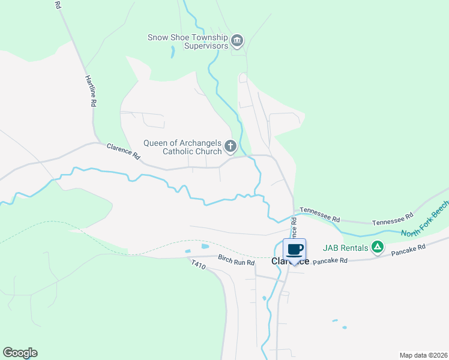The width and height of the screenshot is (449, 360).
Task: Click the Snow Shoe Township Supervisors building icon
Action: (x=237, y=41)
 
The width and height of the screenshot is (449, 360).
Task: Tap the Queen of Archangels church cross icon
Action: (x=230, y=146)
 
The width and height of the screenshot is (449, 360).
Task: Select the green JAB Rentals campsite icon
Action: (x=377, y=246)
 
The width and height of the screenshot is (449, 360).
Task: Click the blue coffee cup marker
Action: (x=294, y=250)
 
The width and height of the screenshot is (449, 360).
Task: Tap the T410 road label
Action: (x=199, y=265)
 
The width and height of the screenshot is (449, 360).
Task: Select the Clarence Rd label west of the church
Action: (x=123, y=151)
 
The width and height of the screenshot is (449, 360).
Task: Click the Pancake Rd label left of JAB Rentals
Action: (x=330, y=261)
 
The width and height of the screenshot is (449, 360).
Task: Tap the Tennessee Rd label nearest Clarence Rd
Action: (x=320, y=211)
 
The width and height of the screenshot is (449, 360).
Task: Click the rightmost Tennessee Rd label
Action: (x=393, y=219)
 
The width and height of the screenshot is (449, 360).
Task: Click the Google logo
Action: (x=20, y=353)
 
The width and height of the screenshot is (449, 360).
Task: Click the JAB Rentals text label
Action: (x=345, y=247)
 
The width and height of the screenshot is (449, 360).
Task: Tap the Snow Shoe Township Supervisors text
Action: (x=188, y=41)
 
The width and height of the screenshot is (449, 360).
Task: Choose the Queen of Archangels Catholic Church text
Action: (x=182, y=147)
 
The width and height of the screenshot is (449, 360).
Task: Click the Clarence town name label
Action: (x=290, y=262)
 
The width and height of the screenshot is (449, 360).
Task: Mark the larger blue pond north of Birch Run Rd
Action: (x=205, y=246)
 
